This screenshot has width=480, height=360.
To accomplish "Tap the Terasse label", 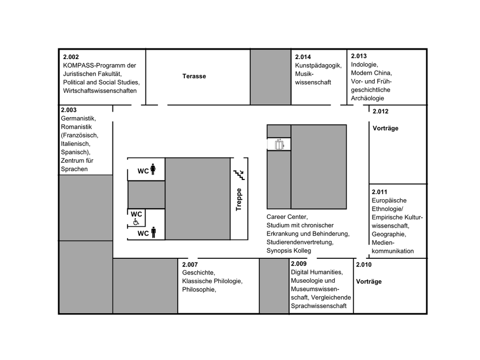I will coord(194,76).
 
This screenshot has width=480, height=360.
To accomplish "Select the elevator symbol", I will coord(279,144).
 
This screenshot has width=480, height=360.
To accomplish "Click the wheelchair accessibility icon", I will coord(136,222).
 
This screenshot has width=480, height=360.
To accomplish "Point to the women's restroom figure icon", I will coord(153,169).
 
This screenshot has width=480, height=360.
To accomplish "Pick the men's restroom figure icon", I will coord(154,233).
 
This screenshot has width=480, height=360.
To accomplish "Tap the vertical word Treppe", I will coord(239,199).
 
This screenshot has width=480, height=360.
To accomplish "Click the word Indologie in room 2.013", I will coord(365,64).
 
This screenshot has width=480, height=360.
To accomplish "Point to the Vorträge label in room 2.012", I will coord(385,128).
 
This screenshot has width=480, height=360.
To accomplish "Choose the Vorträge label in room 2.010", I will coord(369,282).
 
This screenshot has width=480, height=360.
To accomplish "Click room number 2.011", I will coord(380,192).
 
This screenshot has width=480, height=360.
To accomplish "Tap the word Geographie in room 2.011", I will coord(389,234).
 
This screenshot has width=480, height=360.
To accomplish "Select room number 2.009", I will coord(299,264).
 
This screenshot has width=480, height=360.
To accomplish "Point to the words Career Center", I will coord(287,217).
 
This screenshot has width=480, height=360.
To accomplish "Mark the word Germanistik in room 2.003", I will coord(79,118).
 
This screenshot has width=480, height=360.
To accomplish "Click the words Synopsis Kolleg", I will coord(289,251).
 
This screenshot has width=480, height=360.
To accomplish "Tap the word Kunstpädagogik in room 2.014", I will coord(318,65).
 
